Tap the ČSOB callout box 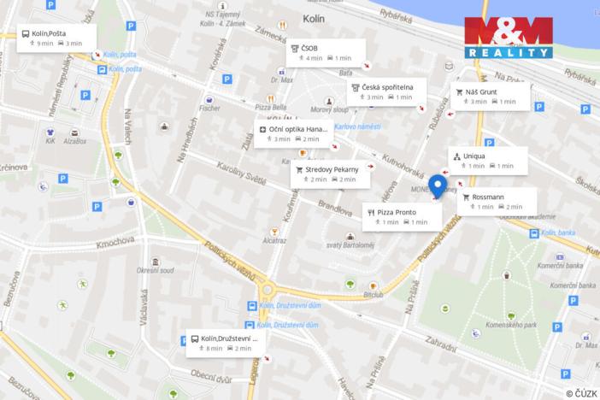(326, 52)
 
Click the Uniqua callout (488, 160)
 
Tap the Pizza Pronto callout (401, 216)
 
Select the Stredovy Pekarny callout (330, 174)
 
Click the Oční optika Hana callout (291, 133)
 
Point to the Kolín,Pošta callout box (56, 38)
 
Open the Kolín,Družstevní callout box (226, 343)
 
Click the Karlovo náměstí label (357, 126)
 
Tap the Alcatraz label (274, 241)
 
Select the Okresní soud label (155, 270)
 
